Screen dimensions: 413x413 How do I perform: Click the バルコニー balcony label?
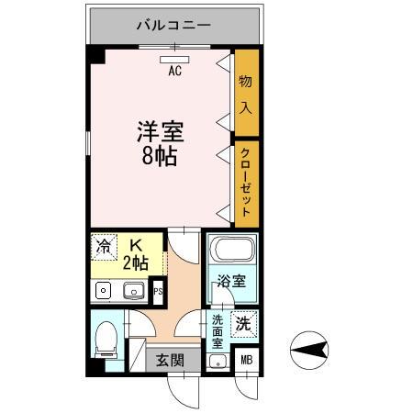click(175, 24)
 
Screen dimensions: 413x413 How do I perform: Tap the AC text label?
click(174, 70)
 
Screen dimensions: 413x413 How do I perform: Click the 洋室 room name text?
click(161, 131)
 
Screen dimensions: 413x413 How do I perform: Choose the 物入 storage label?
click(246, 94)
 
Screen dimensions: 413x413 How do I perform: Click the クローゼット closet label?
click(246, 180)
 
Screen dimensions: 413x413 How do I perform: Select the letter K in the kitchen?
click(136, 245)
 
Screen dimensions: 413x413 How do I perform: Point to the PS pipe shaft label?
click(158, 293)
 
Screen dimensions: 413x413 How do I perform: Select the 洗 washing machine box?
click(242, 323)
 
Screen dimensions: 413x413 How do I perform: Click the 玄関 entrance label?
click(168, 360)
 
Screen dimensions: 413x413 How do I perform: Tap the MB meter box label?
click(246, 360)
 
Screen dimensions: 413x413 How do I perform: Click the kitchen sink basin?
click(133, 292)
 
